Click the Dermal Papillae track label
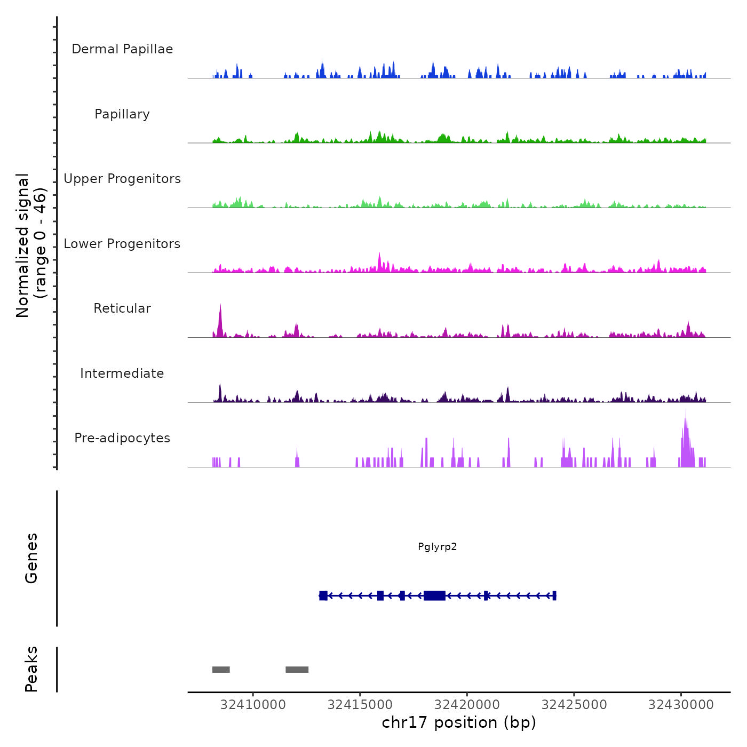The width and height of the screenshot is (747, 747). [x=122, y=49]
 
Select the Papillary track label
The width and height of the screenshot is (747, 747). [x=122, y=114]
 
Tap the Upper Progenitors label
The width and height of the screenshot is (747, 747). [x=122, y=179]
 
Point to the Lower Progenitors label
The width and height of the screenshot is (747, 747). [x=122, y=244]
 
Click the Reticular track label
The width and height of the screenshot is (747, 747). [x=122, y=308]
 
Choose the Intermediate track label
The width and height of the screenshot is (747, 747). [x=122, y=373]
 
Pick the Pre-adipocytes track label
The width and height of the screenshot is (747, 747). [x=122, y=438]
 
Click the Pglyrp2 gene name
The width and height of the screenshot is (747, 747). [x=437, y=547]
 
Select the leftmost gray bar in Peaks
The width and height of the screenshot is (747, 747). [x=221, y=670]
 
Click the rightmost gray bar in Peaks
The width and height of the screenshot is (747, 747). [x=297, y=670]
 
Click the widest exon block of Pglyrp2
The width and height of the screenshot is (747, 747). [x=434, y=595]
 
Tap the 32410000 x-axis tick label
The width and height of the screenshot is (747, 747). [x=253, y=705]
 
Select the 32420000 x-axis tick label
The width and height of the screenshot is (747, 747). [x=467, y=705]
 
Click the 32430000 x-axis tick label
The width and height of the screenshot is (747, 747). [x=681, y=705]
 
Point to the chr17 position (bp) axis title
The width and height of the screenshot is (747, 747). [x=459, y=722]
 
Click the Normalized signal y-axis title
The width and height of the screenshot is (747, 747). [x=31, y=245]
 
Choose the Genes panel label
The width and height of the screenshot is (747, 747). [x=31, y=558]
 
